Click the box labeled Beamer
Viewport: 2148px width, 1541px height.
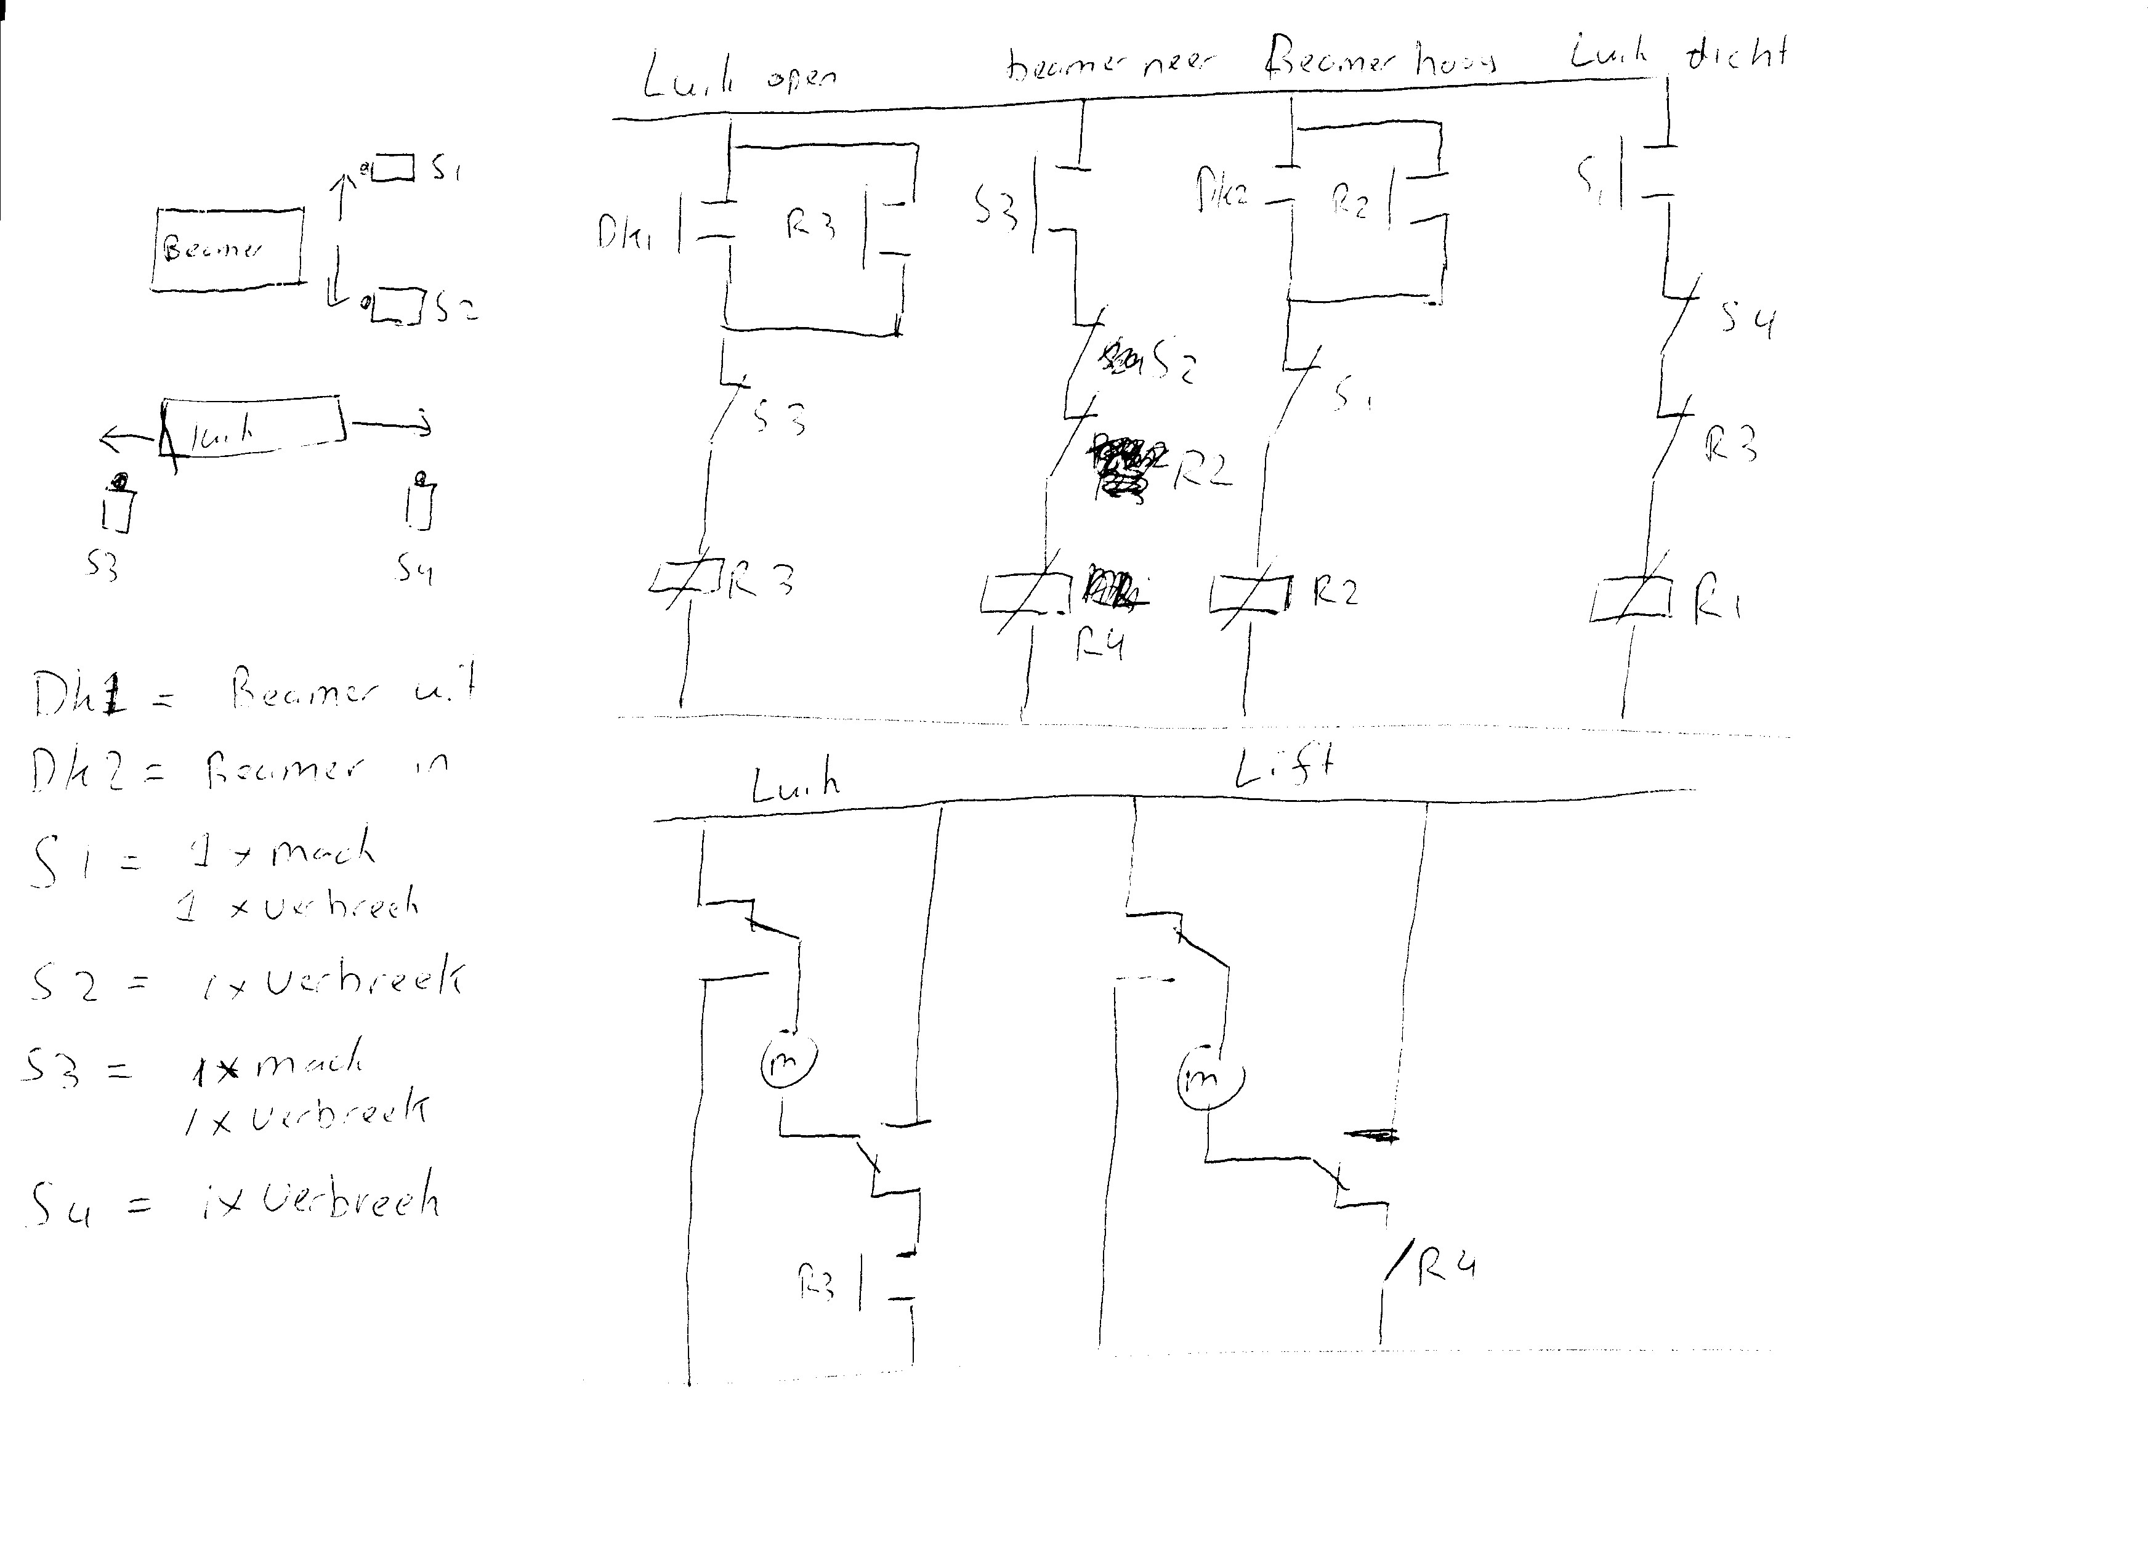227,248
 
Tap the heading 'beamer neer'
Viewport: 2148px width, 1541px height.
1108,65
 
